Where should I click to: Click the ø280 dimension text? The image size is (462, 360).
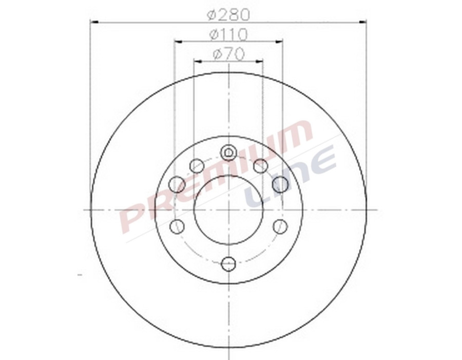pyautogui.click(x=228, y=14)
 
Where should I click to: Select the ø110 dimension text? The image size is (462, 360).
pyautogui.click(x=228, y=34)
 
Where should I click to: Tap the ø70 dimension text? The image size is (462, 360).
pyautogui.click(x=228, y=54)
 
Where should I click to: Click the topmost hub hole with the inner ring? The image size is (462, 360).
pyautogui.click(x=228, y=152)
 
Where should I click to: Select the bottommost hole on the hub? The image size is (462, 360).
pyautogui.click(x=228, y=264)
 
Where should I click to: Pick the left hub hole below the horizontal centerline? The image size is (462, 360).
pyautogui.click(x=177, y=226)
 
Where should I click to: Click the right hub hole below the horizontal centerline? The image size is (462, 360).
pyautogui.click(x=280, y=226)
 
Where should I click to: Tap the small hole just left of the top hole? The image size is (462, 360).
pyautogui.click(x=197, y=166)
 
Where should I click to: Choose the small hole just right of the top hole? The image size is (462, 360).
pyautogui.click(x=261, y=166)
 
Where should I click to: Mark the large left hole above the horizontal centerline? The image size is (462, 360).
pyautogui.click(x=177, y=184)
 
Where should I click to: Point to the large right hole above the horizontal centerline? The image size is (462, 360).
pyautogui.click(x=280, y=184)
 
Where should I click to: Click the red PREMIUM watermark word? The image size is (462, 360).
pyautogui.click(x=216, y=174)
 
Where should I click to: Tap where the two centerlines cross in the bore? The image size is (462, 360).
pyautogui.click(x=228, y=209)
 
